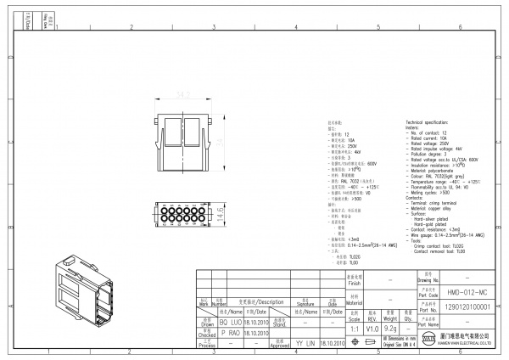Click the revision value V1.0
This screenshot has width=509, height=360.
(x=372, y=328)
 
